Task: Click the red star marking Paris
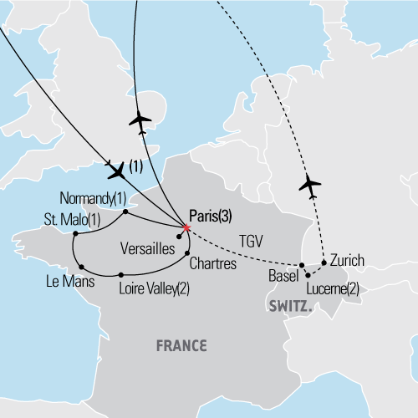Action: [x=185, y=226]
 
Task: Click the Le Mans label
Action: [x=68, y=282]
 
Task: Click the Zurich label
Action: [x=348, y=260]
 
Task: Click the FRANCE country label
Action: [x=181, y=344]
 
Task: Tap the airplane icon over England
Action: [x=140, y=122]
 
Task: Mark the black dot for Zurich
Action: [x=324, y=262]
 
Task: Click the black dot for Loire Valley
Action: [x=122, y=274]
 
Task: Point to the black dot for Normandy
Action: [x=125, y=212]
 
